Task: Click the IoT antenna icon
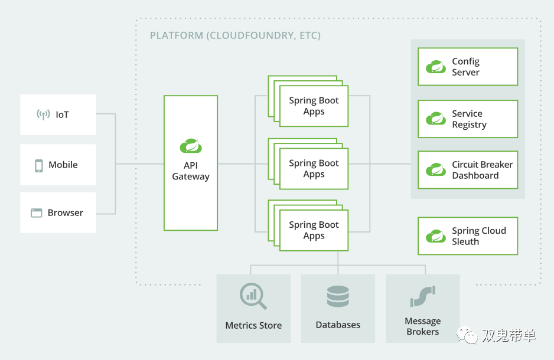point(43,114)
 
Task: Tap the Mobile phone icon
point(39,165)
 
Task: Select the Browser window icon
point(37,213)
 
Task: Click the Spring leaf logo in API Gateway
point(191,146)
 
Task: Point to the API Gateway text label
point(191,171)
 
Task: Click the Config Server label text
point(466,67)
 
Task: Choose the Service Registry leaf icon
point(436,119)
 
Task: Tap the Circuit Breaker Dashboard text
point(482,170)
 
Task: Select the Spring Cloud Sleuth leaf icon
point(436,236)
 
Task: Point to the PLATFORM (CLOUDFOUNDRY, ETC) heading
point(235,35)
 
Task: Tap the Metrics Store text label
point(253,325)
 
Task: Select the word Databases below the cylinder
point(338,325)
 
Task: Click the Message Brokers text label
point(422,326)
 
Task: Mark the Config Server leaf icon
point(436,67)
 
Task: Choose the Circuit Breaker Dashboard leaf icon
point(436,170)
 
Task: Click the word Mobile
point(63,165)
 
